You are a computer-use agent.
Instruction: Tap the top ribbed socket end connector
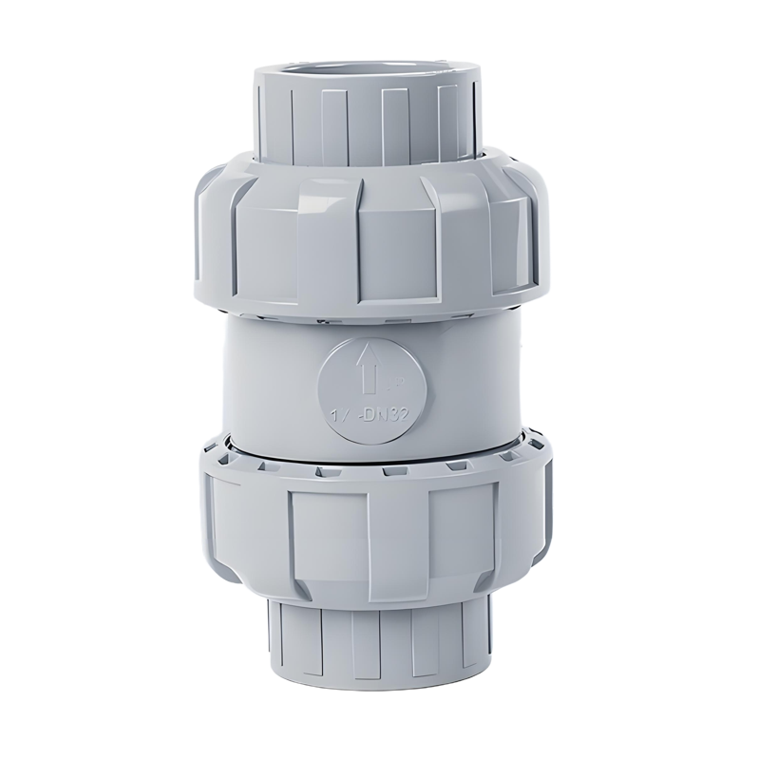(367, 114)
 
